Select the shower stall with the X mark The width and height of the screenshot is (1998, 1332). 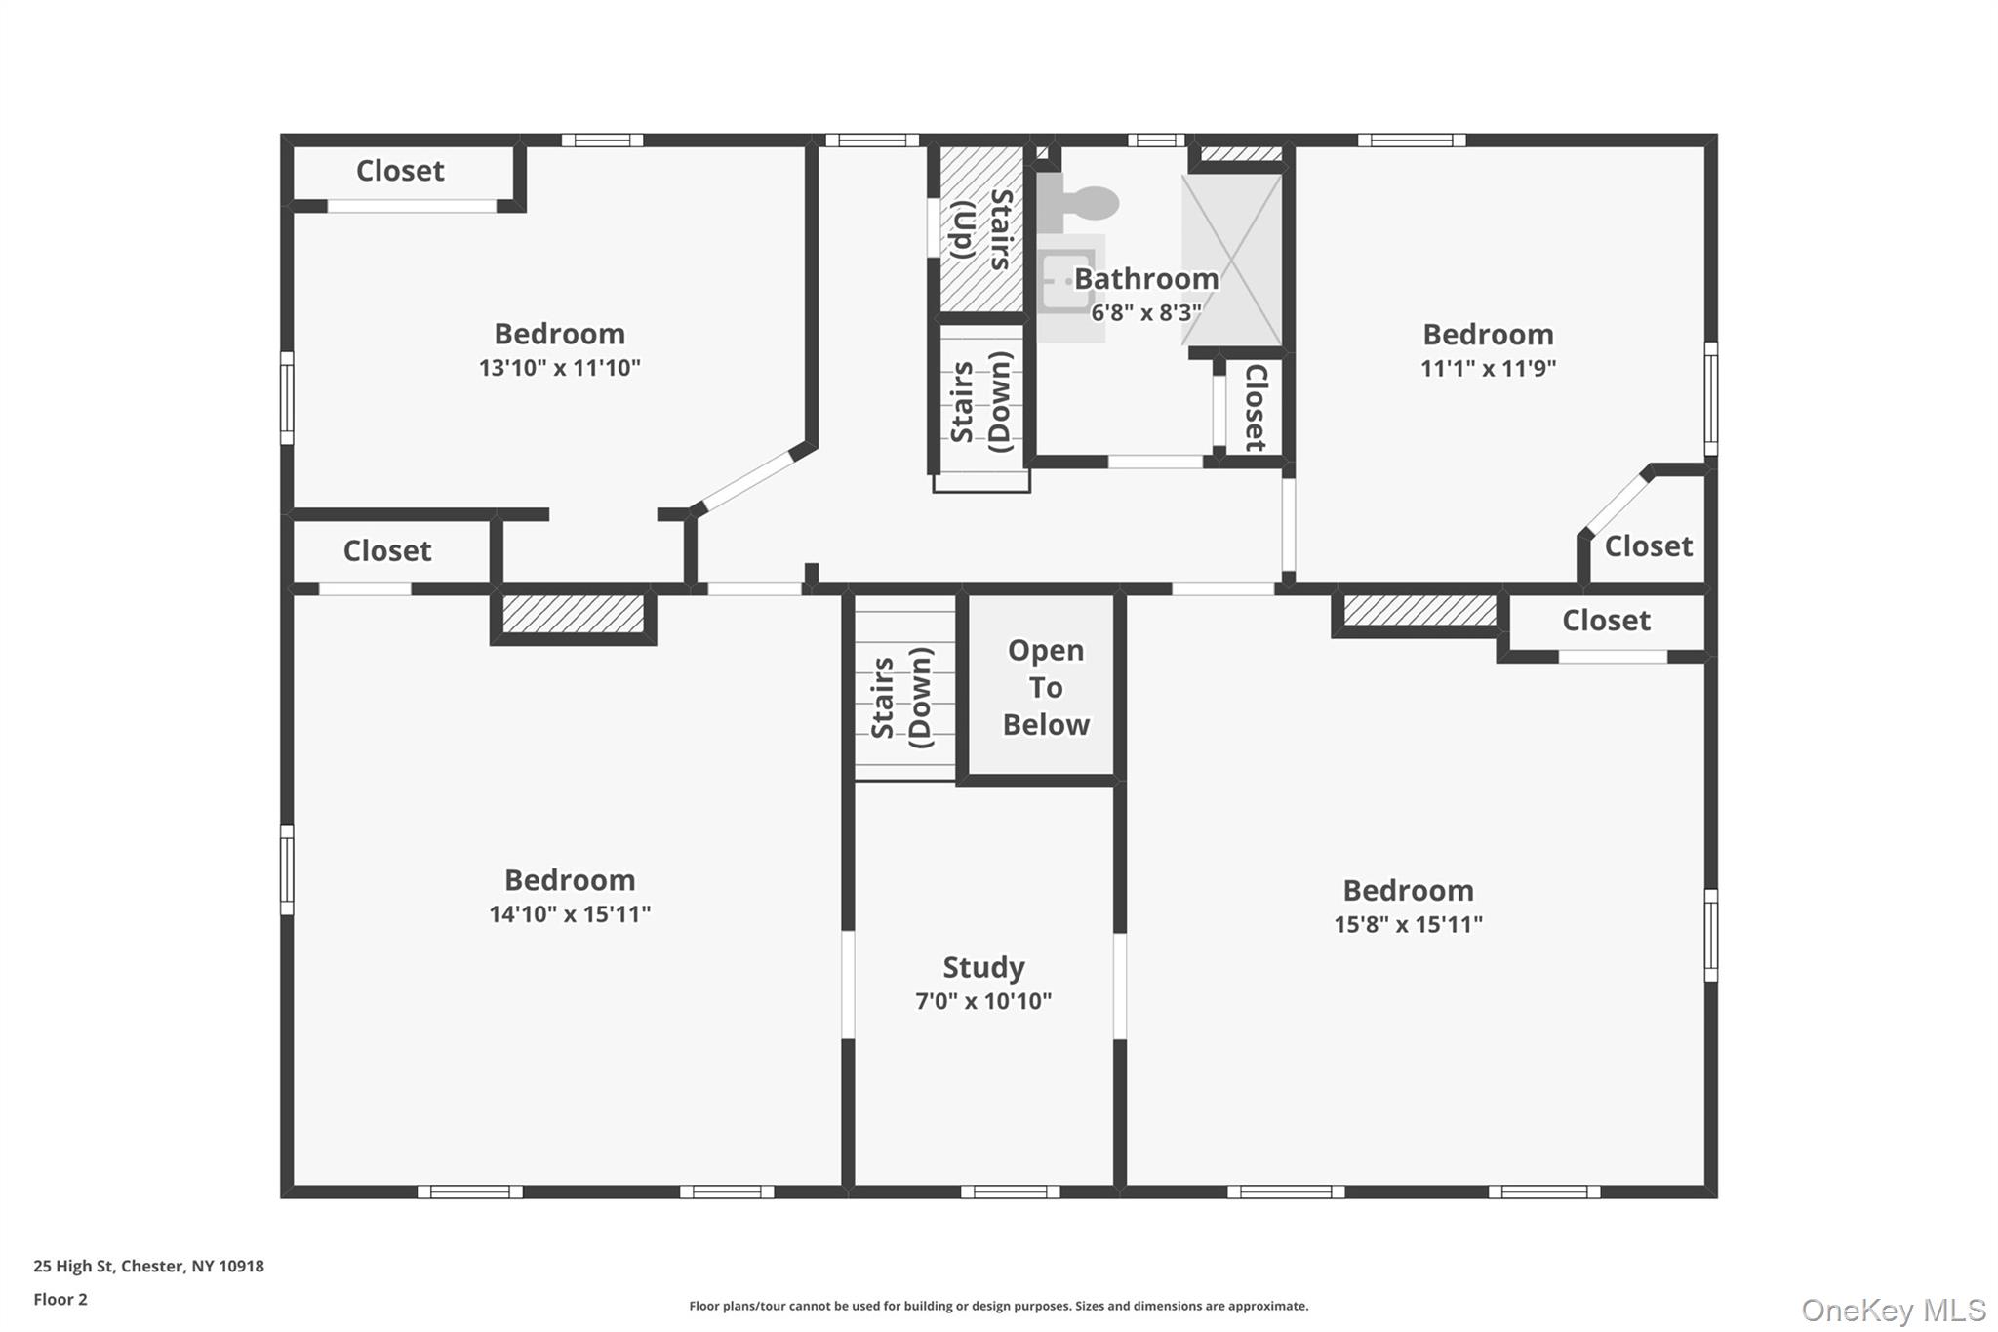tap(1232, 260)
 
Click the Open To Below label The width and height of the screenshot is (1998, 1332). tap(1045, 687)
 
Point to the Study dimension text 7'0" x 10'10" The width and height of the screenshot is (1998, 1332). tap(982, 1001)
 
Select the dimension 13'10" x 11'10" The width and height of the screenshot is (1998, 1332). tap(559, 368)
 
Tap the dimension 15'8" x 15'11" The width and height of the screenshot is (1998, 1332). tap(1408, 924)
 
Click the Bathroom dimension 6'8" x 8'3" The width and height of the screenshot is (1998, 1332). tap(1145, 313)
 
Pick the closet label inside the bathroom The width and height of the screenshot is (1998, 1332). tap(1256, 407)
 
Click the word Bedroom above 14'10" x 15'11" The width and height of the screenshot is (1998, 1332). tap(570, 880)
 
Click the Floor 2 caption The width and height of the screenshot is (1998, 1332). tap(60, 1299)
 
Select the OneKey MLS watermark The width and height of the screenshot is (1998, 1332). tap(1893, 1310)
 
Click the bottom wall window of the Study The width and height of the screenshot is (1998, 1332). tap(1010, 1191)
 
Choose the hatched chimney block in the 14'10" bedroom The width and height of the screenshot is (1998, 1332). tap(573, 615)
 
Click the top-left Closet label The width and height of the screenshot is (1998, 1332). tap(400, 171)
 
